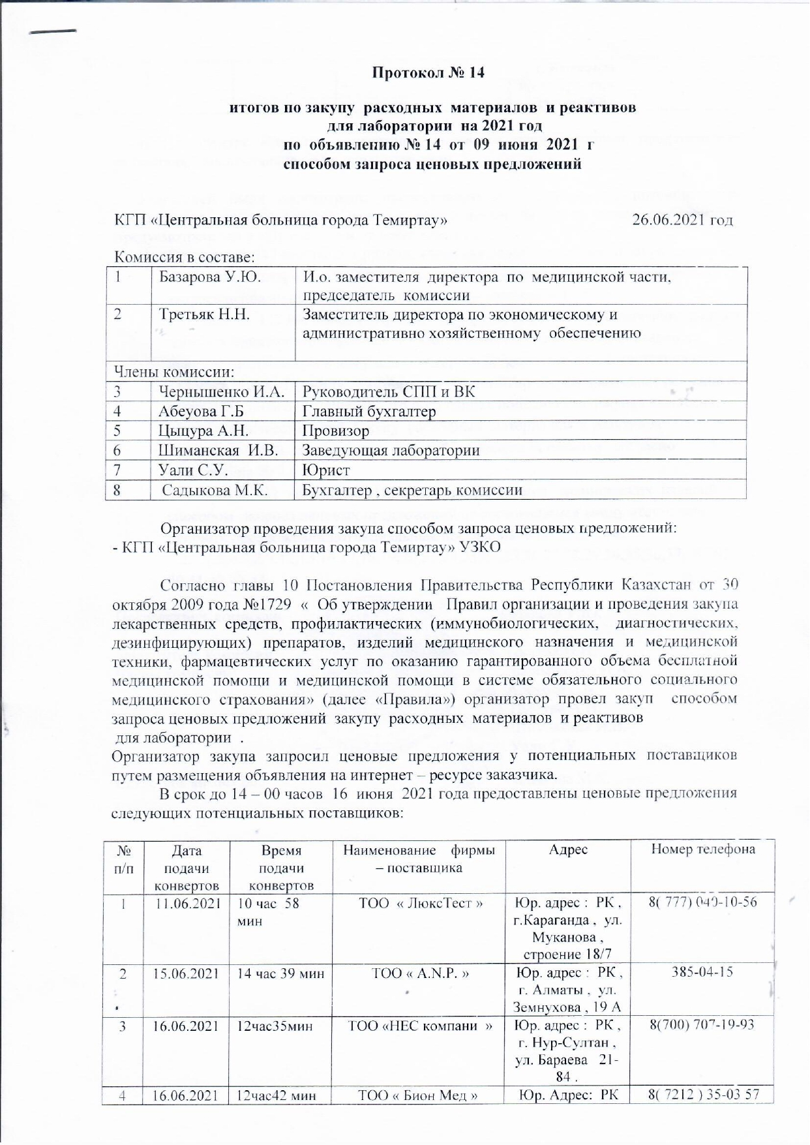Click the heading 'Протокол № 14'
pos(428,72)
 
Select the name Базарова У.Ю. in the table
pos(210,277)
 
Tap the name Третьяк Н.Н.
pos(205,314)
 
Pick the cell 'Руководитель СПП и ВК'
pos(389,391)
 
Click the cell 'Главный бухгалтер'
pos(369,411)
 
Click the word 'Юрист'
pos(326,470)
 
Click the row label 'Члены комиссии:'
pos(174,372)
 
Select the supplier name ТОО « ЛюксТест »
pos(421,902)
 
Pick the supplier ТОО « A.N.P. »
pos(421,972)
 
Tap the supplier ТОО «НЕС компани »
pos(421,1025)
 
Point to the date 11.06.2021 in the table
pos(186,902)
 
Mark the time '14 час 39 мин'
pos(280,972)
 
